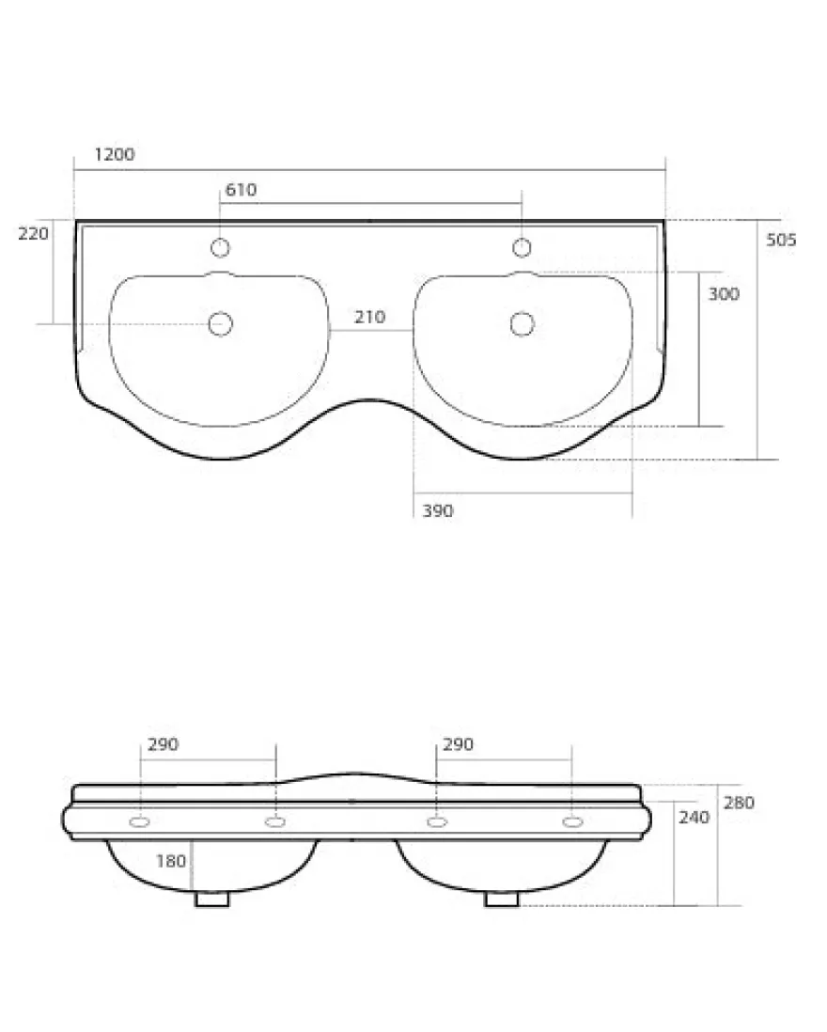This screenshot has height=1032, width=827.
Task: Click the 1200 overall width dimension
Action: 115,155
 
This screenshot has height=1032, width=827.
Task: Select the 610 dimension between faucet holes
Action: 241,190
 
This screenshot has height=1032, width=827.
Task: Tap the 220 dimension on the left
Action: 33,234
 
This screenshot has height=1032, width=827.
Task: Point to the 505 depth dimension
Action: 781,241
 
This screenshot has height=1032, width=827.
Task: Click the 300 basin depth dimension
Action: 724,294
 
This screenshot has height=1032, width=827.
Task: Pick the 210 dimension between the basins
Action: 369,318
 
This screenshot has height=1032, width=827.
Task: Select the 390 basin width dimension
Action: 438,510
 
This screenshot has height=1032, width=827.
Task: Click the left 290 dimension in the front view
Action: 163,744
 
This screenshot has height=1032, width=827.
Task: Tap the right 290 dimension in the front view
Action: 458,744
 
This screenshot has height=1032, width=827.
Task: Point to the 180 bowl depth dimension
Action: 171,861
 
